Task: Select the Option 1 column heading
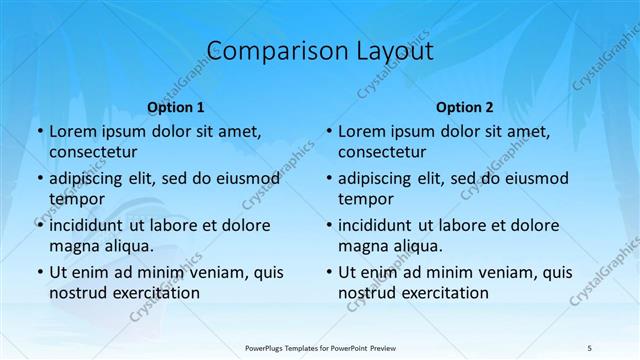176,107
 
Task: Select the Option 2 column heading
465,107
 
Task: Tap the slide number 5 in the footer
590,347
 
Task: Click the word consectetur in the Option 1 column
93,152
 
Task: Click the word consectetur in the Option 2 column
382,152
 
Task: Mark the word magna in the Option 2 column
362,246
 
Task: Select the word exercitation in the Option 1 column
155,293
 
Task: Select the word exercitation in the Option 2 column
444,293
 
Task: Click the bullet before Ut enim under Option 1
39,272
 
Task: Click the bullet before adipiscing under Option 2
328,179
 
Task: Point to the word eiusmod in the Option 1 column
247,179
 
